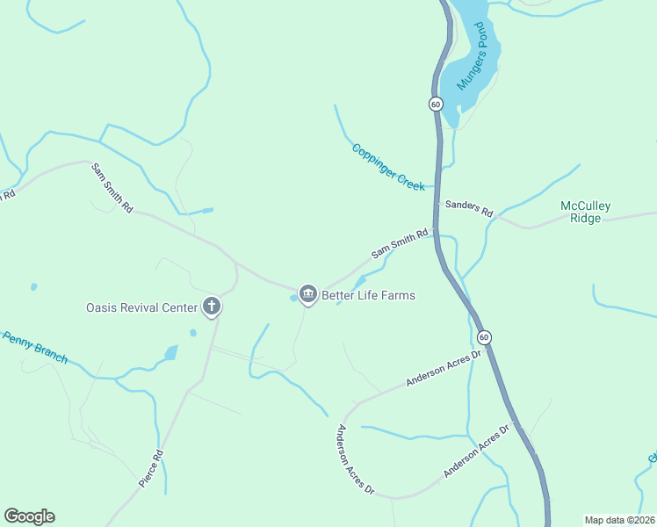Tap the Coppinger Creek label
point(388,167)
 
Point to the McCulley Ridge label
point(586,212)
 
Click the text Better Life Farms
point(368,295)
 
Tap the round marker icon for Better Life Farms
point(307,293)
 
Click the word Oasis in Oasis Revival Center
point(102,307)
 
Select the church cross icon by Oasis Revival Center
point(211,307)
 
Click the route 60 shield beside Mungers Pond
point(436,104)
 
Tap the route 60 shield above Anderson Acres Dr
point(484,337)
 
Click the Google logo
point(29,516)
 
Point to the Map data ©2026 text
point(618,519)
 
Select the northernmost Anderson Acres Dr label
point(445,368)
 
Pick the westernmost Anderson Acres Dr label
point(357,459)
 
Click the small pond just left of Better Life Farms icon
point(293,298)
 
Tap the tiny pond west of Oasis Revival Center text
point(33,286)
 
